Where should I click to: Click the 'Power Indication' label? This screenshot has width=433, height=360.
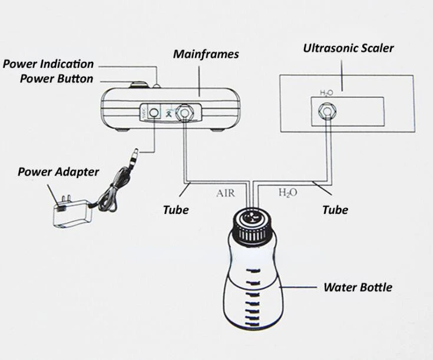click(48, 64)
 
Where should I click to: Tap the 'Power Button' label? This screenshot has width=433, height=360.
click(57, 78)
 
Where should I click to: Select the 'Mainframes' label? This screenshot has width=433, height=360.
click(206, 54)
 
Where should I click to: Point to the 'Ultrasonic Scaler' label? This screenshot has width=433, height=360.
click(348, 48)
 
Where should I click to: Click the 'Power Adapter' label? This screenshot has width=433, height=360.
click(58, 172)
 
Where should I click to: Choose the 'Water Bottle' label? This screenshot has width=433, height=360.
click(358, 288)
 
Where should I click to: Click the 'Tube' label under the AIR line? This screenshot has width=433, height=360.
click(176, 209)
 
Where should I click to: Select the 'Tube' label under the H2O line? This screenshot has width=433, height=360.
click(335, 209)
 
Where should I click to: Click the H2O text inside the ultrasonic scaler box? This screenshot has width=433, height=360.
click(326, 93)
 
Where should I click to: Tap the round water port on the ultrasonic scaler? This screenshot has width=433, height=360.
click(325, 110)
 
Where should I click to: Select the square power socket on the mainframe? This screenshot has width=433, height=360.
click(154, 111)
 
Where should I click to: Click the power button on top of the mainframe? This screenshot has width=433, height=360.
click(140, 85)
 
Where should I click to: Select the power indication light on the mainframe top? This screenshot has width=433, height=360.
click(157, 86)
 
